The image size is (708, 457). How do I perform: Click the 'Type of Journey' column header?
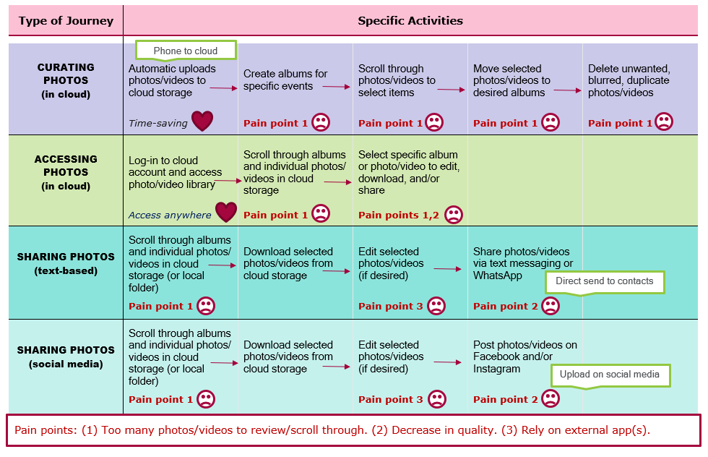66,20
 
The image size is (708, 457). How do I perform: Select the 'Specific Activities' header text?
410,20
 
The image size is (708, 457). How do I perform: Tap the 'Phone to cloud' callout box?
186,51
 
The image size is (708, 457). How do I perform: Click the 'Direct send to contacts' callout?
604,281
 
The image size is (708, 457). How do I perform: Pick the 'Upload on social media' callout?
609,375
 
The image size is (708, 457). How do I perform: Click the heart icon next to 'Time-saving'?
202,121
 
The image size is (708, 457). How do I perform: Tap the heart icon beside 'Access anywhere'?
226,213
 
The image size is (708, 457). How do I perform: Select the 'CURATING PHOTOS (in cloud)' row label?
66,80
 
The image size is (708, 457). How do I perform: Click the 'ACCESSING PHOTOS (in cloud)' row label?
66,172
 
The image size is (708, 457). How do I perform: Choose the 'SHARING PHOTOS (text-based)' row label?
66,263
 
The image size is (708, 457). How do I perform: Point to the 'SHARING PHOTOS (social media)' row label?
66,356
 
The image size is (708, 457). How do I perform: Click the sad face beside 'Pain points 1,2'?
454,215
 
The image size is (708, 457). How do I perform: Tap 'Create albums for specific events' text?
285,80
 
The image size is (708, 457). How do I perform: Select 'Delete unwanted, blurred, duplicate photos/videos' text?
629,80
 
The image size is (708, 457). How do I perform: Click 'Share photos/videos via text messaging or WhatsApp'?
523,263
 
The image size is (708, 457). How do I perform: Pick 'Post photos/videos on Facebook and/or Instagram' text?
525,356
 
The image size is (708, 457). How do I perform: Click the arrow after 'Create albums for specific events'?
336,87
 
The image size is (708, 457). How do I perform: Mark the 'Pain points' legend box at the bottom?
353,430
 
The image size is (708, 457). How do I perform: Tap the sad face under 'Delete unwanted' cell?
664,122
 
